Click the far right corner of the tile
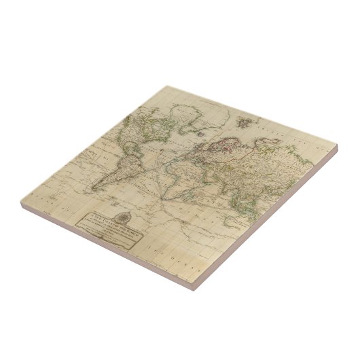338,145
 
